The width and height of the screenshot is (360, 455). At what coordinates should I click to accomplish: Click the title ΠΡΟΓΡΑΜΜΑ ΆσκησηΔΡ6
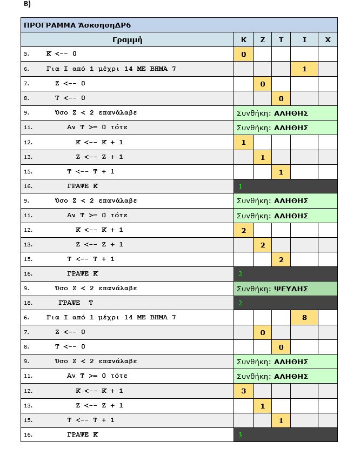[78, 25]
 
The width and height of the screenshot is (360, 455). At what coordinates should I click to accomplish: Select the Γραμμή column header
[127, 39]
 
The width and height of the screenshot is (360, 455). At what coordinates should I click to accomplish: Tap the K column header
[243, 39]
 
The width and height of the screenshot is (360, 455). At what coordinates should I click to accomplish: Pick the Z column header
[262, 39]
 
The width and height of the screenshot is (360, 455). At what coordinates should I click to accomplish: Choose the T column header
[281, 39]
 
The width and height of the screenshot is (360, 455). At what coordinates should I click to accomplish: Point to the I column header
[304, 39]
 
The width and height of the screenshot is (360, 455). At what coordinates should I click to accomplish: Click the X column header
[328, 39]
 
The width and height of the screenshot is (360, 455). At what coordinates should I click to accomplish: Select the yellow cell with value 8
[304, 318]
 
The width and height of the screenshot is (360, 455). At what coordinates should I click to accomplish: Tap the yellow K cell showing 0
[243, 54]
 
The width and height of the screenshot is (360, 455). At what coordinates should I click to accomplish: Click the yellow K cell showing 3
[243, 391]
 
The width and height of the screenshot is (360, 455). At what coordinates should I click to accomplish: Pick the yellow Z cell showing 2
[262, 245]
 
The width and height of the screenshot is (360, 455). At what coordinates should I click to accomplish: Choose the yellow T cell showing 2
[281, 259]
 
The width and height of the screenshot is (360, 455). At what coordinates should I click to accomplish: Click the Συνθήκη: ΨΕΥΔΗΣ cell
[285, 289]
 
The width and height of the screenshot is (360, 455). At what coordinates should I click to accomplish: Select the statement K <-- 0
[62, 54]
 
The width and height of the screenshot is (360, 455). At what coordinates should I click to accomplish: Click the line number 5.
[26, 54]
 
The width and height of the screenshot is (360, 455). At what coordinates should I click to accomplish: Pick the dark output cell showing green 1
[285, 186]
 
